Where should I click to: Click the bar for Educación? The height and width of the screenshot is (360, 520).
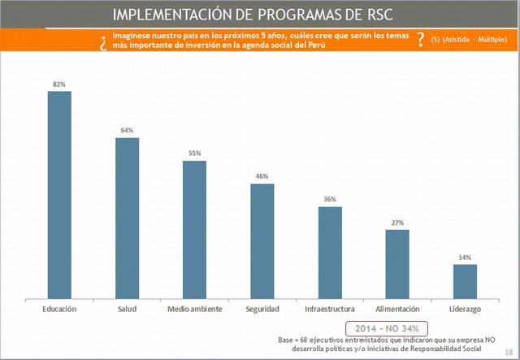click(x=59, y=195)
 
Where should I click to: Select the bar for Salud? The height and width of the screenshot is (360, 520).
click(x=127, y=219)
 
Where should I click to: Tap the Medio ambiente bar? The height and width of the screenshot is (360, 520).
click(x=194, y=230)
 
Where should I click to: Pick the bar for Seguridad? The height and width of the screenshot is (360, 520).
click(x=262, y=241)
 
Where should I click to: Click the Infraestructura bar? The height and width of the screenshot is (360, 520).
click(x=330, y=253)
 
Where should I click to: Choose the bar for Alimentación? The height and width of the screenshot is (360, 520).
click(x=397, y=264)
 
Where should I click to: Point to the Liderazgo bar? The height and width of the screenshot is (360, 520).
click(x=465, y=281)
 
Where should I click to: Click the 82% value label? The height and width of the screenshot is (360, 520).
click(x=59, y=84)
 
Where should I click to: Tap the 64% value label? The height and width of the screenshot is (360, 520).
click(x=127, y=130)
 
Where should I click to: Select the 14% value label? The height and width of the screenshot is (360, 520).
click(x=465, y=257)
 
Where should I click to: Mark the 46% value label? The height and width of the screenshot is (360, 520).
click(x=262, y=176)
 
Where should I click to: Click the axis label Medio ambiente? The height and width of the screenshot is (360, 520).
click(x=194, y=310)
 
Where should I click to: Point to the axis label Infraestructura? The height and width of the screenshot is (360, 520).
click(x=330, y=310)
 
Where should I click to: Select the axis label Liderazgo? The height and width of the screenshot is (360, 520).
click(x=465, y=310)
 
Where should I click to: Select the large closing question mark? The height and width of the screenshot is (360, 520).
click(x=419, y=39)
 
